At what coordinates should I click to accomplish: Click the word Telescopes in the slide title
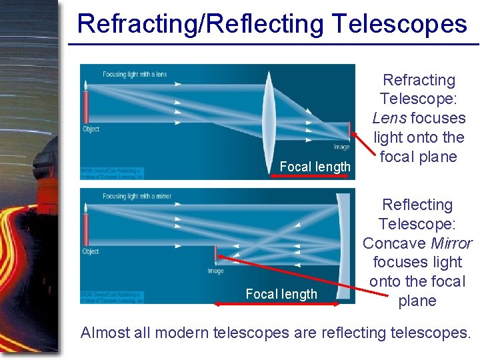click(x=399, y=23)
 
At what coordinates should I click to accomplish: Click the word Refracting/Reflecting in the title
click(x=200, y=23)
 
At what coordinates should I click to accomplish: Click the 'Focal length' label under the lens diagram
click(x=315, y=167)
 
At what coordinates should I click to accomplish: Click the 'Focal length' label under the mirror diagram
click(x=281, y=294)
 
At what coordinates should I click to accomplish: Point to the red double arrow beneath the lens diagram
click(x=310, y=177)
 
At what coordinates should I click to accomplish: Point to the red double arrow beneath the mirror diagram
click(x=277, y=304)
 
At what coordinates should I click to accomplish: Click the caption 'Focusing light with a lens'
click(x=135, y=74)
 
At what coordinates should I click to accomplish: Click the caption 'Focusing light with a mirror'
click(x=137, y=197)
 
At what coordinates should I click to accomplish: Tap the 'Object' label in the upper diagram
click(x=91, y=129)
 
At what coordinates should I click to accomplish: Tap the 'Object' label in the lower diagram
click(x=91, y=251)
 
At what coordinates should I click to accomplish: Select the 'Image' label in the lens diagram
click(x=341, y=147)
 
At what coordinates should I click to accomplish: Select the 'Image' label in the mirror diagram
click(x=215, y=271)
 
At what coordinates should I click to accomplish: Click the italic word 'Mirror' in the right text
click(x=451, y=243)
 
